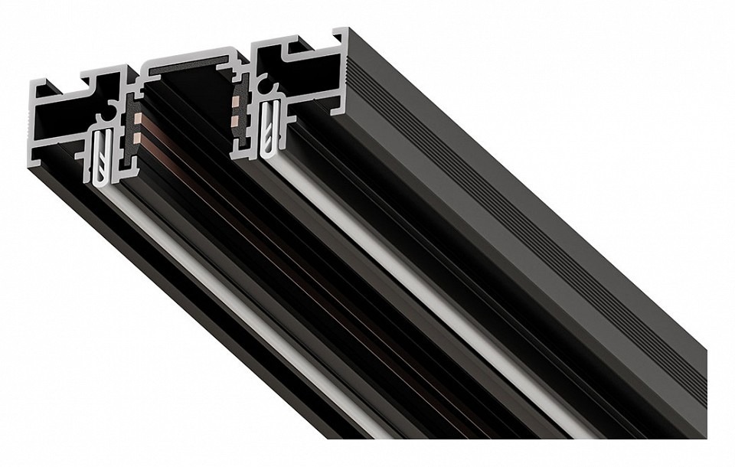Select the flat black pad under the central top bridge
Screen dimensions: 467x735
(x=192, y=71)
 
